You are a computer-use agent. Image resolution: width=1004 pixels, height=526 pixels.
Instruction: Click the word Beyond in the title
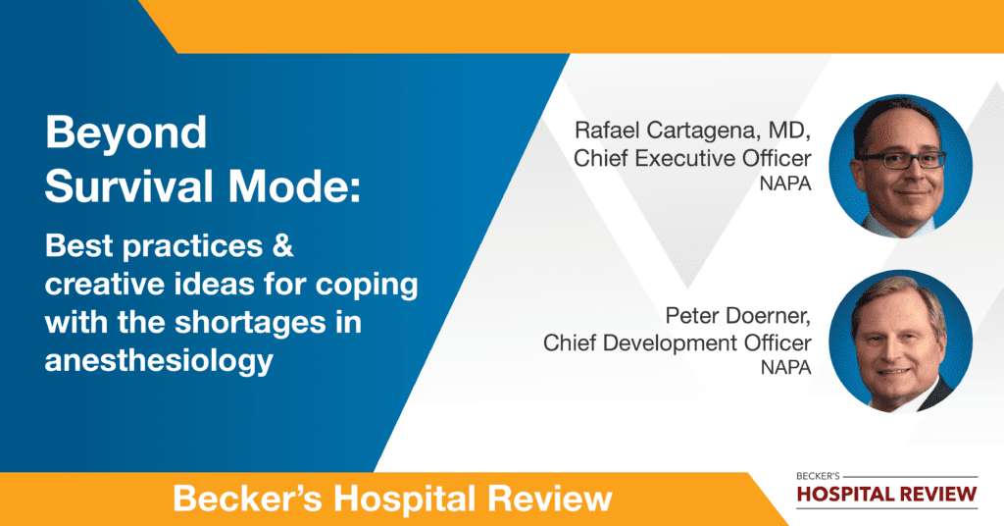[126, 133]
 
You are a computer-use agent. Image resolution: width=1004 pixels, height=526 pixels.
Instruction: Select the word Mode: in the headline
[294, 187]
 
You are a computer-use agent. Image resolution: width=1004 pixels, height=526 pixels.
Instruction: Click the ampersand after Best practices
[282, 245]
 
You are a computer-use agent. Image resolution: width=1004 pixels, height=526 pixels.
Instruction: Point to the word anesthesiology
[160, 361]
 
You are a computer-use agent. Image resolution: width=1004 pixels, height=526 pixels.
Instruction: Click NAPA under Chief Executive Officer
[785, 184]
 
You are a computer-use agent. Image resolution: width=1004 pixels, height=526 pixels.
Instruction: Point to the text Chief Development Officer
[678, 342]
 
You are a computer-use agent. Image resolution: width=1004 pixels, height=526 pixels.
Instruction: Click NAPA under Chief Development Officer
[785, 368]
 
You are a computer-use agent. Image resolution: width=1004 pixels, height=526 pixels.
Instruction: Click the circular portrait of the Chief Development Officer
[900, 341]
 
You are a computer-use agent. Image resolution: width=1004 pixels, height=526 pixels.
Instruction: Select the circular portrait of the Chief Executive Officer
[900, 167]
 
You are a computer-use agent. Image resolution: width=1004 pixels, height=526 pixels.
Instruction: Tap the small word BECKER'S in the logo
[818, 476]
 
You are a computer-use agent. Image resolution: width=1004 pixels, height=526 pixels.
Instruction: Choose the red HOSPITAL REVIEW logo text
[886, 494]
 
